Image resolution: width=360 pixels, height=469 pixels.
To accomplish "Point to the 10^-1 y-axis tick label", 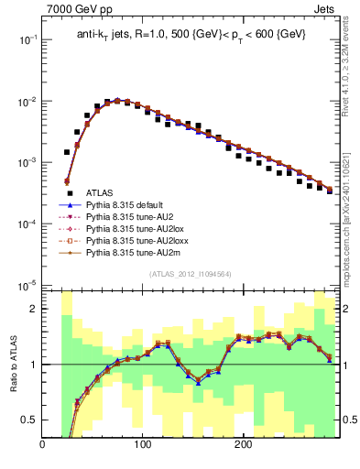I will [27, 40].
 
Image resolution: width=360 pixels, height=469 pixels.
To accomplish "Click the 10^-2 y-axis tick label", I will [27, 102].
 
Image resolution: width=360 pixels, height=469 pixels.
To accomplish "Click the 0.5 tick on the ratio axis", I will [31, 420].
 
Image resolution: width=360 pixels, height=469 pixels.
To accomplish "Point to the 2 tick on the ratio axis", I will [35, 309].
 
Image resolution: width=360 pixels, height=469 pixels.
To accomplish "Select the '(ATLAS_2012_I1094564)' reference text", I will [190, 274].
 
